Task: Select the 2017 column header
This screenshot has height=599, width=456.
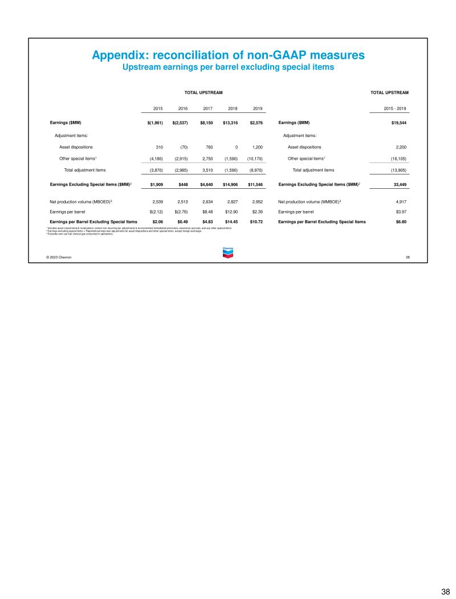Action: point(207,108)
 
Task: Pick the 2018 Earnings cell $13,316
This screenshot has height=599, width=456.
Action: point(230,123)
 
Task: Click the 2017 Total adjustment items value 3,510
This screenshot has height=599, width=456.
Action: point(207,170)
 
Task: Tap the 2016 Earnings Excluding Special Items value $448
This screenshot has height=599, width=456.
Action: point(184,184)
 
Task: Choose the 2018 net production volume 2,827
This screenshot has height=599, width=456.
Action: point(231,201)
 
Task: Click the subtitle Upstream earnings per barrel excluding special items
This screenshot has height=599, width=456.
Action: point(228,67)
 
